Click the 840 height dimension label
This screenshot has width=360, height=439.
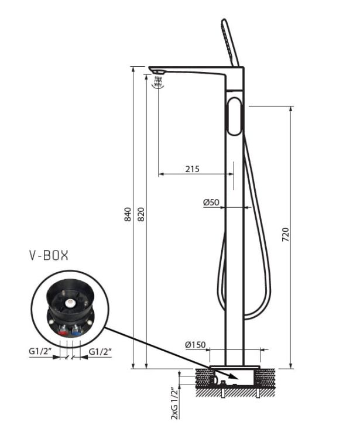128,214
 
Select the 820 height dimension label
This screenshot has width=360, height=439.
142,214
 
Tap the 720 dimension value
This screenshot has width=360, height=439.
286,235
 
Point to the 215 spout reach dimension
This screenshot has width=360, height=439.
193,169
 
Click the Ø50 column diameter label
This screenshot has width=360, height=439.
211,202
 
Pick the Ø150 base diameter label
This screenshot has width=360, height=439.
195,345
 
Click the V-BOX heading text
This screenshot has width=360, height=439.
49,255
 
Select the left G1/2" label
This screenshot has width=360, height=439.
40,351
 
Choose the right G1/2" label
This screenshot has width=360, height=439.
100,351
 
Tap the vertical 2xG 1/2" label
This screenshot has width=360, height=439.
174,403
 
